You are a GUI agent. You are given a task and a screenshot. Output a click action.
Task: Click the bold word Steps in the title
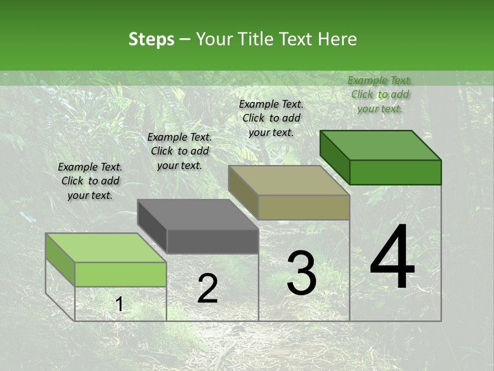pos(151,39)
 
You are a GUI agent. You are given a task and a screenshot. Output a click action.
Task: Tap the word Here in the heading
pos(337,39)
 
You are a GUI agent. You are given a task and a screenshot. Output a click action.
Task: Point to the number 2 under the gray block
pos(207,289)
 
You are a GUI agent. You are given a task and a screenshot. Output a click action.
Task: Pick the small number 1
pos(119,305)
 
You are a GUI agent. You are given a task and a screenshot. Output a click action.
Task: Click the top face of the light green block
pos(106,248)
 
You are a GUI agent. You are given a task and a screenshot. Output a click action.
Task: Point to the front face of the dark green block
pos(395,172)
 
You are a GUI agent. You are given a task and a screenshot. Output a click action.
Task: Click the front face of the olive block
pos(304,207)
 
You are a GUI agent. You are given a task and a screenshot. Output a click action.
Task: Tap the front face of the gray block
pos(213,241)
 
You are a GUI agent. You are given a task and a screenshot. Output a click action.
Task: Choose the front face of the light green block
pos(120,274)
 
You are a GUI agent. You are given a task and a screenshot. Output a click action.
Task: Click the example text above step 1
pos(90,181)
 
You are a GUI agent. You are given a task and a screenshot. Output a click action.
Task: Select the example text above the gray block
pos(180,151)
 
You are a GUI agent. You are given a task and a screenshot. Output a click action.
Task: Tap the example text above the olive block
pos(271,118)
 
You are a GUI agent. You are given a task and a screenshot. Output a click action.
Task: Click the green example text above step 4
pos(380,94)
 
